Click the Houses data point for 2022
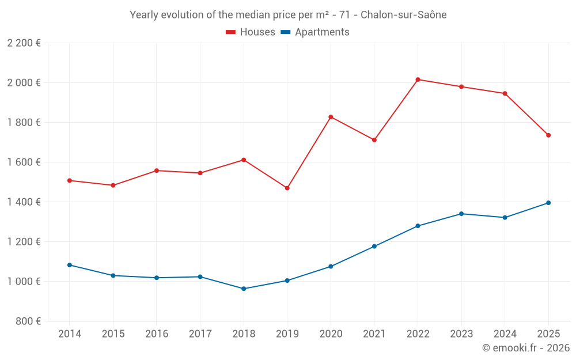(418, 79)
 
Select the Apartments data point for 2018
(244, 289)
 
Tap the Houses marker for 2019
(287, 188)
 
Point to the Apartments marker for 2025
(548, 203)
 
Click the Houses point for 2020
(331, 117)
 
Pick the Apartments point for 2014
(70, 265)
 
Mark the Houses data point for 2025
(548, 135)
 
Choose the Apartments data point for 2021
(374, 247)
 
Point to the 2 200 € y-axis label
(24, 43)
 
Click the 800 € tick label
(29, 321)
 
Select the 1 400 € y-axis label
(24, 202)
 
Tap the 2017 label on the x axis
(200, 334)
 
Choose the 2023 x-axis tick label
(461, 334)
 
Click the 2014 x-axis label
(70, 334)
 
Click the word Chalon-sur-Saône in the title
(403, 15)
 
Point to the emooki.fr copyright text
(525, 348)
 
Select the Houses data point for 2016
(157, 170)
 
